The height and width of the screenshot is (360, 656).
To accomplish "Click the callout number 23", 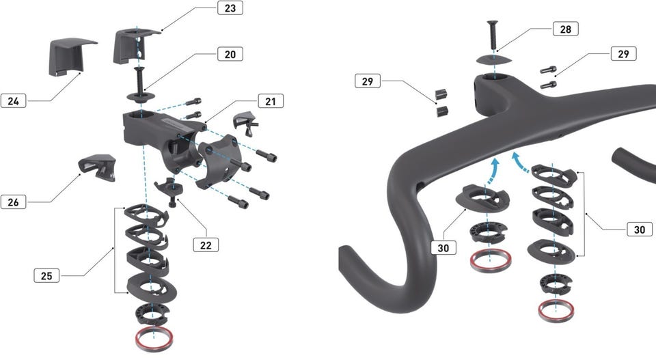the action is [230, 8].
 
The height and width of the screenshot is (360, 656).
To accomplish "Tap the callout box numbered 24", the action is [14, 101].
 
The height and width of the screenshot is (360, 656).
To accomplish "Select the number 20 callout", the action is [230, 54].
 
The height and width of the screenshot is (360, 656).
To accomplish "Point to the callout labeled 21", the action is [271, 101].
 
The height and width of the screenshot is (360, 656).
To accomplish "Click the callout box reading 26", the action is [14, 202].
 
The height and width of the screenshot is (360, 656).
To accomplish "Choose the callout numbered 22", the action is [206, 245].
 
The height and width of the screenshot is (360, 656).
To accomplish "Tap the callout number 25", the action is [46, 275].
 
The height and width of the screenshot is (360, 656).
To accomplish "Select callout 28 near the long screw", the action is [566, 29].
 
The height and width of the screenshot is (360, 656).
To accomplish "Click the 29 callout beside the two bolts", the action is [623, 54].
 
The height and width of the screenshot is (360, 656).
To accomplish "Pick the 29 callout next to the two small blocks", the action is [368, 81].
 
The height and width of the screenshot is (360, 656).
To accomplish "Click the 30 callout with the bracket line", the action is [640, 229].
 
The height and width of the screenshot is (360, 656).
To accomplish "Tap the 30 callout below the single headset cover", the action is [443, 248].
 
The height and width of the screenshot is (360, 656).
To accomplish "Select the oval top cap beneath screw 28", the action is [494, 59].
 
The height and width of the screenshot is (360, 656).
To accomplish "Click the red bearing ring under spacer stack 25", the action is [154, 339].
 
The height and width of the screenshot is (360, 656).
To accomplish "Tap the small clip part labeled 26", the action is [98, 167].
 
